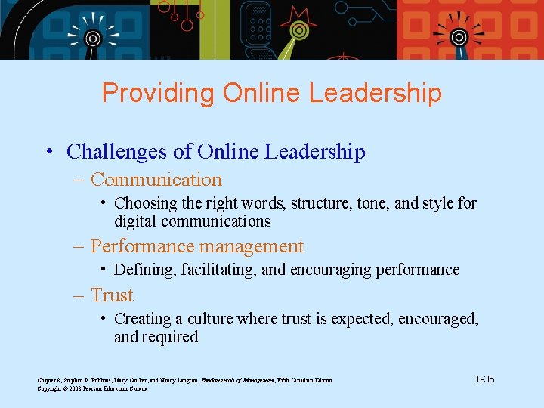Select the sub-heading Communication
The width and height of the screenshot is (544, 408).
156,180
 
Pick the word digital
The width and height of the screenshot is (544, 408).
134,221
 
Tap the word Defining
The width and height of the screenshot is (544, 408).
142,270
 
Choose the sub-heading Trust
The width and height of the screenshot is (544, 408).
112,295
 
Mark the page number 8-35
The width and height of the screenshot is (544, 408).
485,379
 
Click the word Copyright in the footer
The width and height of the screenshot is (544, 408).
51,388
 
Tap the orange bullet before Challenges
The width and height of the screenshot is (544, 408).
49,152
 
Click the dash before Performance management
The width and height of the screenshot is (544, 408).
79,246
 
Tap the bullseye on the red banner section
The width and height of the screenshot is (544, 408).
458,37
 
